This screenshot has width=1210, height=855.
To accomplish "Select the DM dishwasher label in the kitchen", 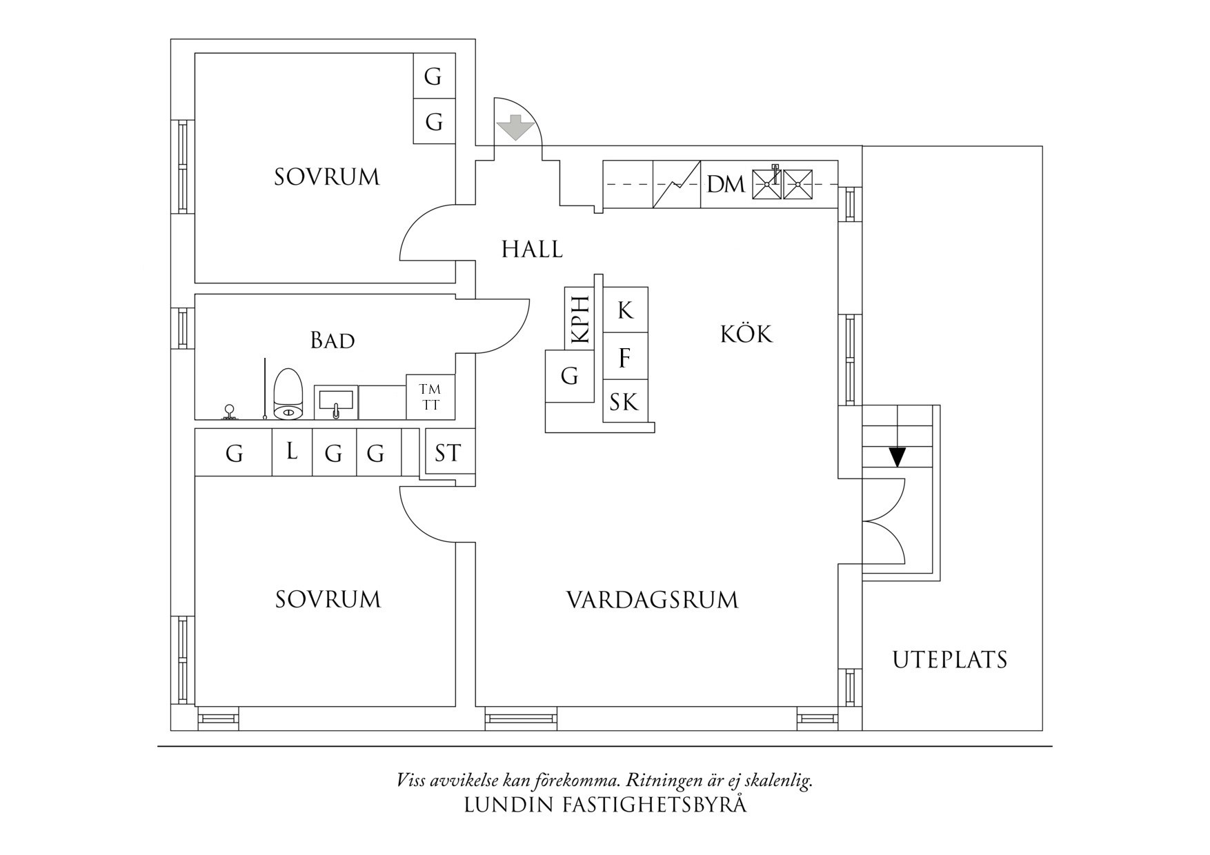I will pos(726,185).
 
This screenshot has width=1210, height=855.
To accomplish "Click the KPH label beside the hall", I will pos(580,319).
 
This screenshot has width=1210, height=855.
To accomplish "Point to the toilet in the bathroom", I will pos(288,394).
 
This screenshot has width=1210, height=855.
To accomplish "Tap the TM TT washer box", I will pos(430,397).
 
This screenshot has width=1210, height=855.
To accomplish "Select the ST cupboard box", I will pos(448,453).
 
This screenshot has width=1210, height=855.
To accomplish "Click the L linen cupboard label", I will pos(292,452).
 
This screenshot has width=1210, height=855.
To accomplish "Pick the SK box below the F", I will pos(625,402).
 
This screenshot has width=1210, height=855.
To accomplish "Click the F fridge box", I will pos(625,358).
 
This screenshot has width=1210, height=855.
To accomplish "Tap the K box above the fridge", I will pos(625,310).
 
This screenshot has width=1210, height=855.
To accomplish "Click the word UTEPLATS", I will pos(950,660).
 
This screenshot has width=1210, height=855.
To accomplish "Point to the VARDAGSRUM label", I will pos(652,600).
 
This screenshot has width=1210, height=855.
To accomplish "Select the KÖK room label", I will pos(746,334).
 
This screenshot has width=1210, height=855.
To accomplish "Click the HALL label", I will pos(532,249).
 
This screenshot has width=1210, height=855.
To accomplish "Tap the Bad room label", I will pos(333,340).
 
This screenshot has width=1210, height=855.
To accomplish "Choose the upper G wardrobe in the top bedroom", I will pos(433,76).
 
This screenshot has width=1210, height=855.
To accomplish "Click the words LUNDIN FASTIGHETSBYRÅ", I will pos(605,805).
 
